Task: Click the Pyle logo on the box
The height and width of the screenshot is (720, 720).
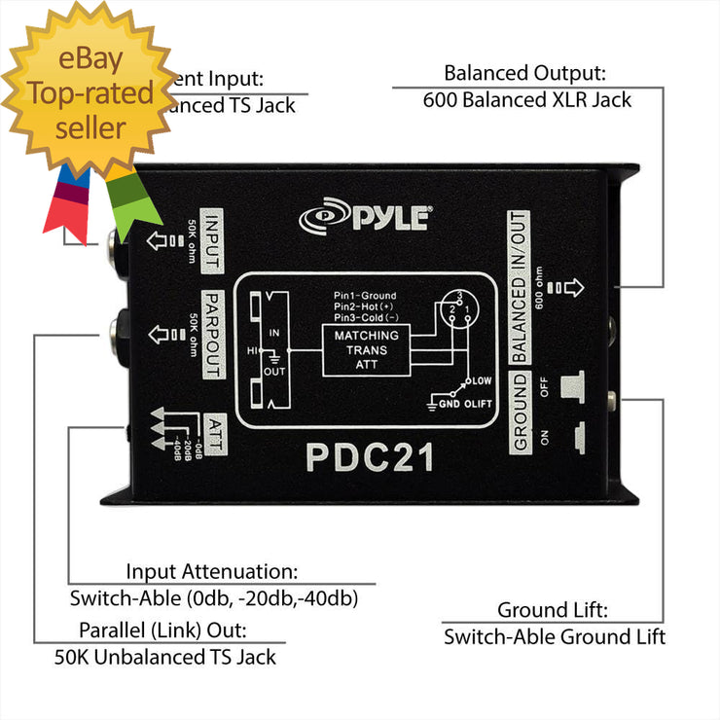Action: pos(365,216)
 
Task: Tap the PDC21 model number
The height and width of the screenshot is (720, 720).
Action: pos(371,456)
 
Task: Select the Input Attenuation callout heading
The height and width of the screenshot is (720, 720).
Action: pos(212,572)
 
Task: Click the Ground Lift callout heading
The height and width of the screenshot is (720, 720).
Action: pos(553,611)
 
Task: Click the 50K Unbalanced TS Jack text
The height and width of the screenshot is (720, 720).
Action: pos(165,658)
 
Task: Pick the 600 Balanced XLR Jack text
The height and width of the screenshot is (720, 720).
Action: pos(527,100)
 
